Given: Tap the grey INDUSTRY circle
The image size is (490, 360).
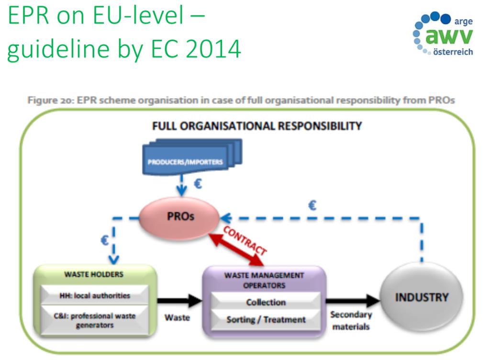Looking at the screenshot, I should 422,297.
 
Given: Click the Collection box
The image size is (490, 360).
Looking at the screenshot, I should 266,302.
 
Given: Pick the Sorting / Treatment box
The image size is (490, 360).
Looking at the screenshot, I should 266,319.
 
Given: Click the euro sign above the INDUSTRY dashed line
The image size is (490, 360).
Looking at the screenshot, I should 312,206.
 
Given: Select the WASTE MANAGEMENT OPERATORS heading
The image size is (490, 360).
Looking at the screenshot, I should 265,280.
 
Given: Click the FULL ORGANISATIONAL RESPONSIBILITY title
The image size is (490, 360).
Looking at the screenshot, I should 257,126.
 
